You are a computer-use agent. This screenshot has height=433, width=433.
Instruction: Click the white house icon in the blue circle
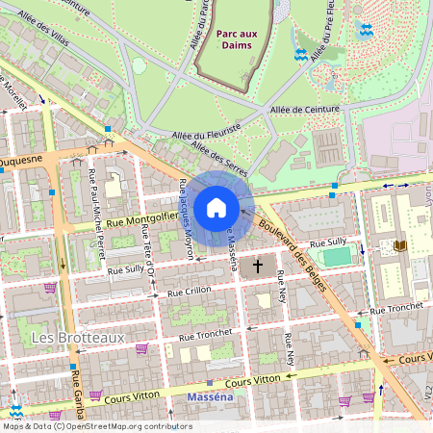[216, 208]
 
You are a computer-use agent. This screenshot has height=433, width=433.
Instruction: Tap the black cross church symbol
[258, 266]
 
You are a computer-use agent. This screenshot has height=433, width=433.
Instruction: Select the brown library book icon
[400, 246]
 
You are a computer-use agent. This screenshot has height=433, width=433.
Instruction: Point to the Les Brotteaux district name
[64, 338]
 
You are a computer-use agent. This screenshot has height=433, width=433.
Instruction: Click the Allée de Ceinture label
[305, 110]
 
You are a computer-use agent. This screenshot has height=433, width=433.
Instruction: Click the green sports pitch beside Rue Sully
[337, 256]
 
